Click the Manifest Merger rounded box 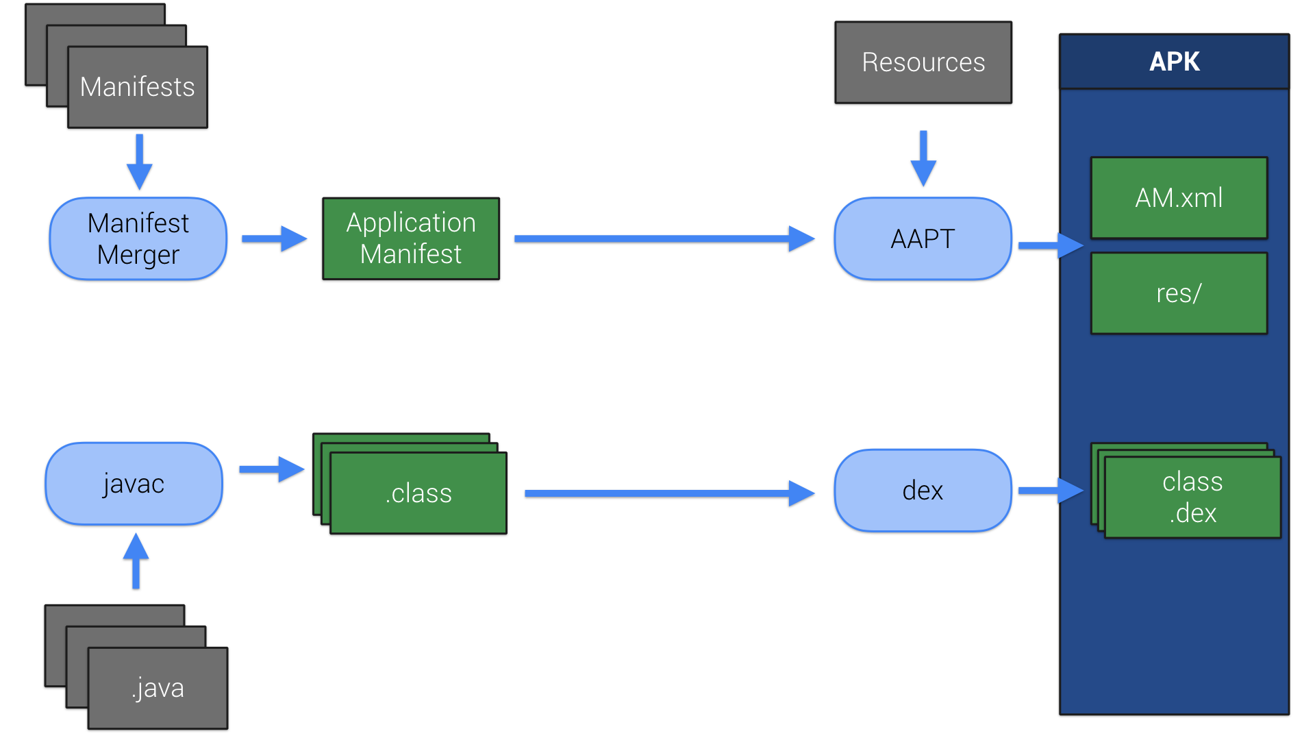pos(138,238)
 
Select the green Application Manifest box pos(411,238)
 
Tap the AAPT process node pos(923,238)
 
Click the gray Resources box pos(923,62)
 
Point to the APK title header pos(1174,62)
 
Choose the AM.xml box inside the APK pos(1179,198)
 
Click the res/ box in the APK pos(1179,293)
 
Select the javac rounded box pos(134,484)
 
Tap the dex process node pos(923,491)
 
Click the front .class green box pos(418,493)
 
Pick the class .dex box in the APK pos(1192,497)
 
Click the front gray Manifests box pos(138,87)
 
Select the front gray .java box pos(158,688)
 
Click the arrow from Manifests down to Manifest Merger pos(139,162)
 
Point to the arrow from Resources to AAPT pos(923,158)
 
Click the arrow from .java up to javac pos(136,560)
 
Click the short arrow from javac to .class pos(271,469)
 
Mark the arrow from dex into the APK pos(1049,491)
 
